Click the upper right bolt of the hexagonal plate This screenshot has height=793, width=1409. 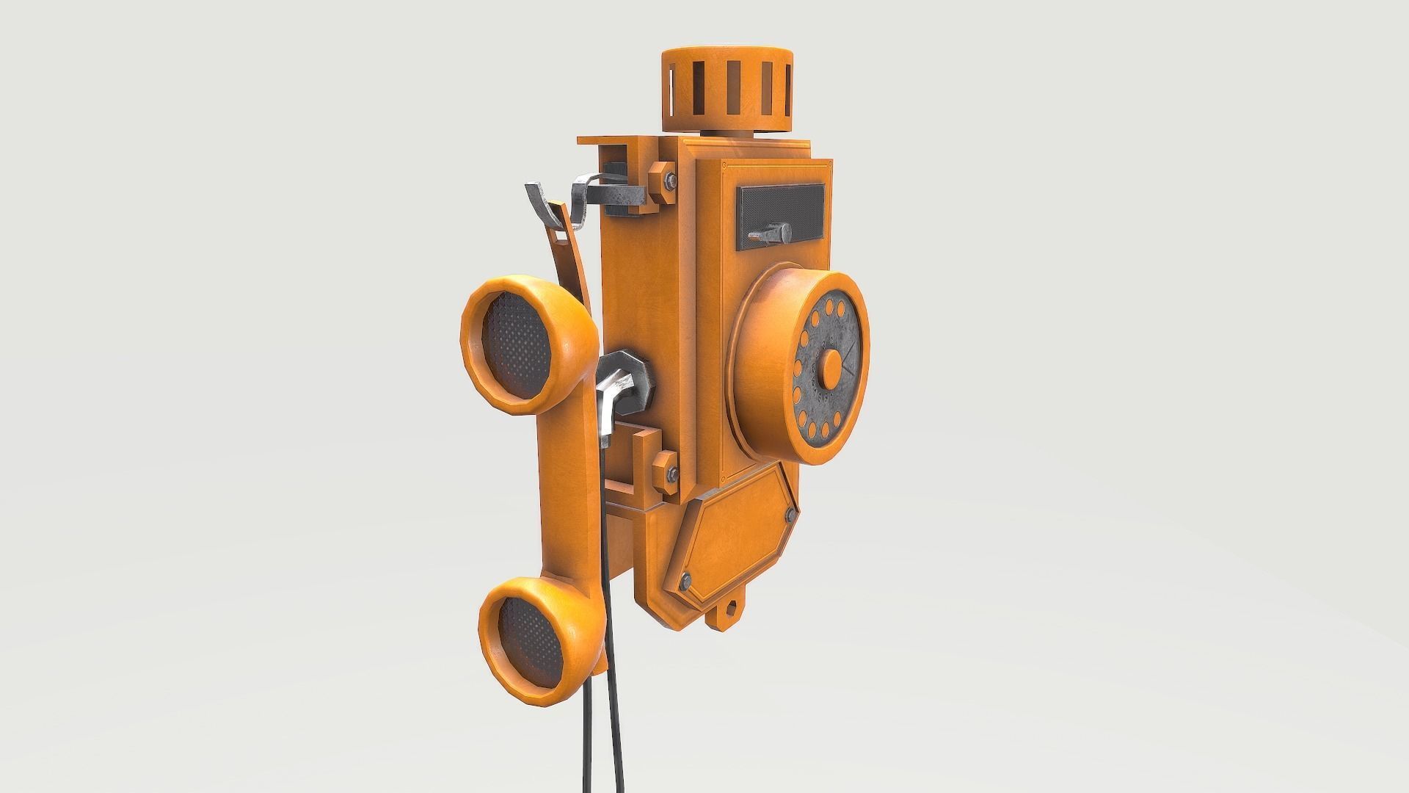tap(790, 515)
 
